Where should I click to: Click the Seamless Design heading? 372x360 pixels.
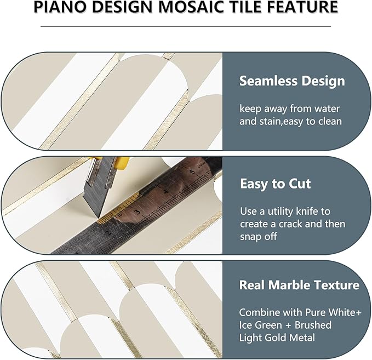pyautogui.click(x=292, y=82)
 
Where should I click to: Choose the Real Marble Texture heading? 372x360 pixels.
pyautogui.click(x=299, y=285)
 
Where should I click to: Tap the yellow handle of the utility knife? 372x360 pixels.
pyautogui.click(x=121, y=162)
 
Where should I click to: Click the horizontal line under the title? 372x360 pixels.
pyautogui.click(x=186, y=26)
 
